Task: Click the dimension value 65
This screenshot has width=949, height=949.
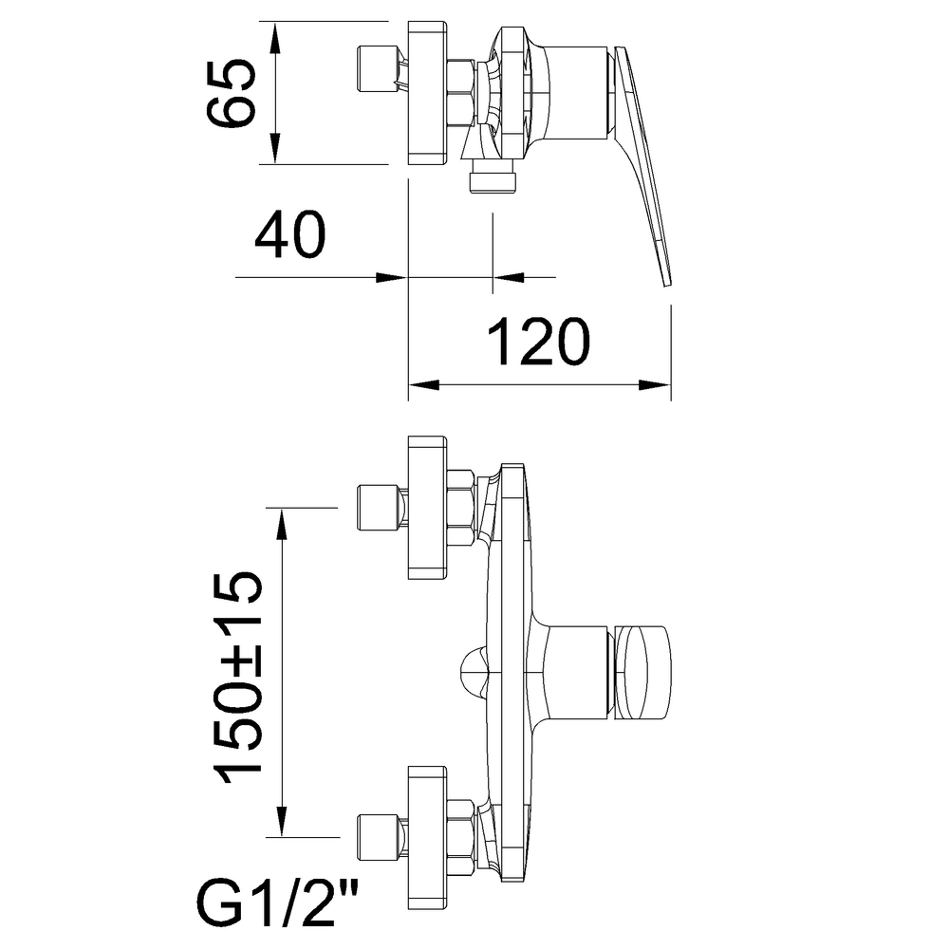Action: (232, 93)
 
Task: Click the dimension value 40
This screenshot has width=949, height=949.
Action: (290, 234)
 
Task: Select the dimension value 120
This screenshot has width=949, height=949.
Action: (538, 342)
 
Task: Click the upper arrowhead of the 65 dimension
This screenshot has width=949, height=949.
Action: (275, 38)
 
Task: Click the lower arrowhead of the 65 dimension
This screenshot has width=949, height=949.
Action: (275, 148)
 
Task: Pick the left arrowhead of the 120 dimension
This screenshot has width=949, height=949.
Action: (423, 385)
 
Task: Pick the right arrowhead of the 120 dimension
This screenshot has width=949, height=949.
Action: (656, 385)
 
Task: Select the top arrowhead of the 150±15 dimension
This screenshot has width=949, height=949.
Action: (281, 524)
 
